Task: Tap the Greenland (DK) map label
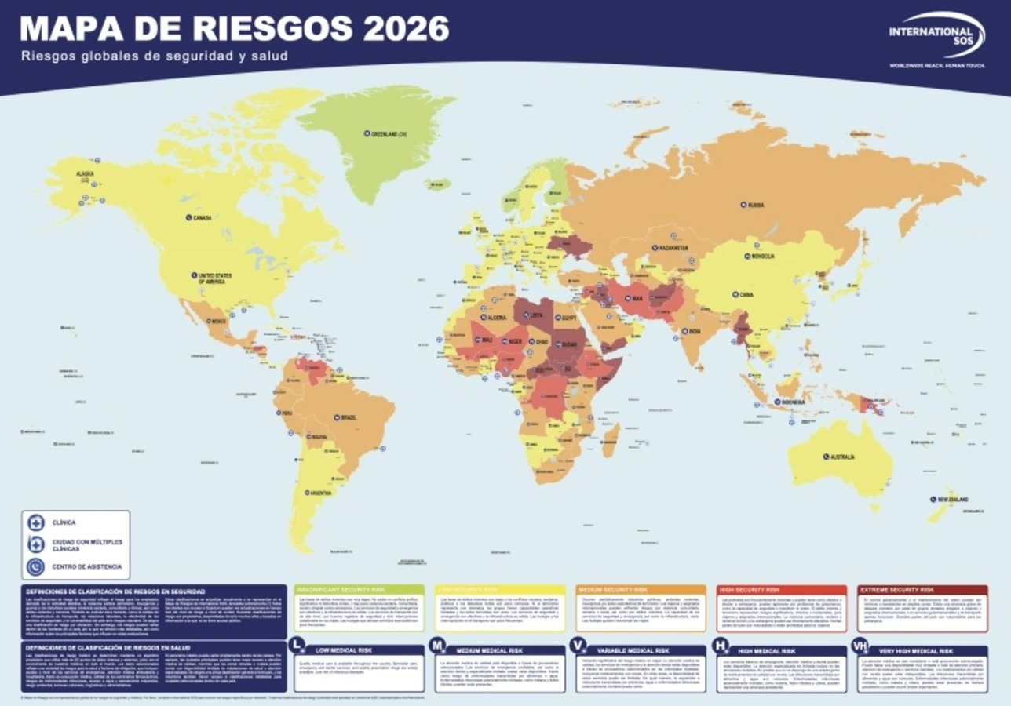pyautogui.click(x=389, y=134)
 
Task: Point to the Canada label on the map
pyautogui.click(x=202, y=217)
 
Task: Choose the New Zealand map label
pyautogui.click(x=951, y=500)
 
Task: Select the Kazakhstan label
pyautogui.click(x=669, y=247)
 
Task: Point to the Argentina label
pyautogui.click(x=319, y=493)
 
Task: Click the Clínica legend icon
pyautogui.click(x=36, y=522)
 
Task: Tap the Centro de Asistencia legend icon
pyautogui.click(x=36, y=566)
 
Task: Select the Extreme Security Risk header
pyautogui.click(x=896, y=589)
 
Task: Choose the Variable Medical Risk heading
pyautogui.click(x=633, y=651)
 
